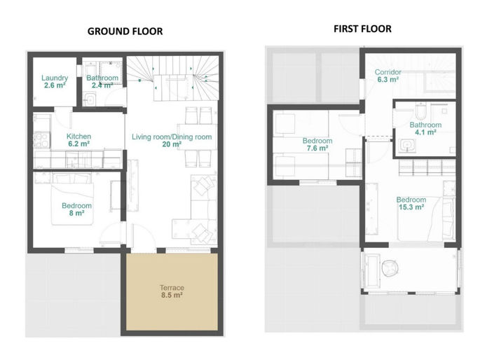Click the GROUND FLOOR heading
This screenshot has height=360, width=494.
pos(125,32)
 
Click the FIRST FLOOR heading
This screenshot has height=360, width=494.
pos(362,29)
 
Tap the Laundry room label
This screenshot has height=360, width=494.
pos(54,78)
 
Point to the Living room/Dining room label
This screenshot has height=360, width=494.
pos(172,136)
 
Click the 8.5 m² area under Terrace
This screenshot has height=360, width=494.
pos(171,296)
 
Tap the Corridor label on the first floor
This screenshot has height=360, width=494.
pos(387,72)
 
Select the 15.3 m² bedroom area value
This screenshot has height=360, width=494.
pos(411,207)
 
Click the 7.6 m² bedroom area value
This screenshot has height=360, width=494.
pos(317,148)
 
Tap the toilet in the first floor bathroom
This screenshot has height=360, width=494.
pos(420,111)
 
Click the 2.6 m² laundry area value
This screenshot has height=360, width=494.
pos(54,85)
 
